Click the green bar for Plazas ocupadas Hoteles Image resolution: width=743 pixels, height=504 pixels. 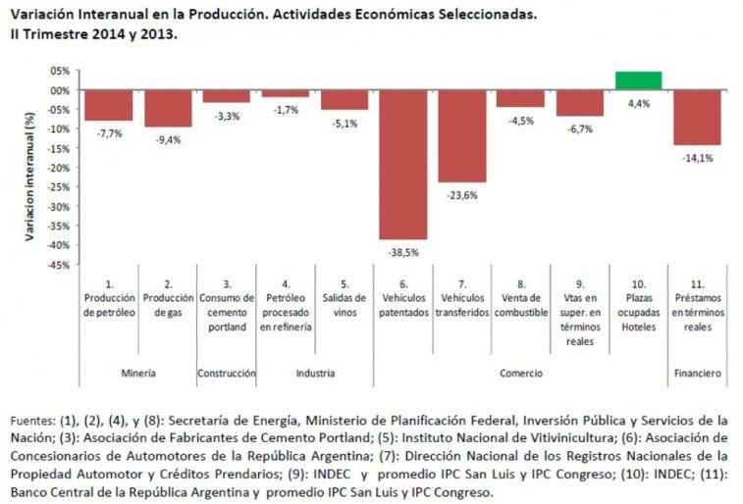[638, 80]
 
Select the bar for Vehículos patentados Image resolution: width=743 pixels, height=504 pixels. [403, 164]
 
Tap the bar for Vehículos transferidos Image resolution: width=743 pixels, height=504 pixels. [461, 135]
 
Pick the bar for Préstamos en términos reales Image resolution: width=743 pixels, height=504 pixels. [697, 117]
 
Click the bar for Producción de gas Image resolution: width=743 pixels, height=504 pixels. [168, 108]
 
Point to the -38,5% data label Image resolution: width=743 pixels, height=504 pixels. [403, 251]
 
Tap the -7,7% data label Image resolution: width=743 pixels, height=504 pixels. [110, 132]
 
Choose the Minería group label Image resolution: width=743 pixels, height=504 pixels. [138, 374]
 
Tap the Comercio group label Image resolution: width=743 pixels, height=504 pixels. [520, 374]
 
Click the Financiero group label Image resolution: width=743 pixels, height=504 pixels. [697, 374]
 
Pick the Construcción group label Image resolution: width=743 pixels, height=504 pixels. [227, 374]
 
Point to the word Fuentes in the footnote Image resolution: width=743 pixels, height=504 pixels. [31, 421]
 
